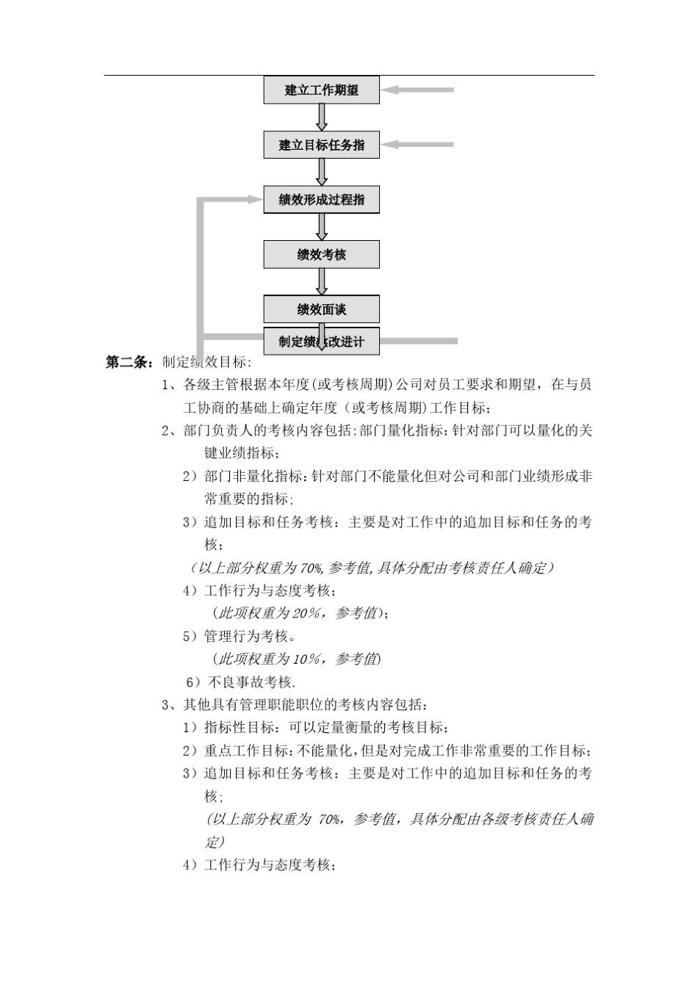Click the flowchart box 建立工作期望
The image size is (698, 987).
pos(322,90)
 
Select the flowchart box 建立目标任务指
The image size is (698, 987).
pos(322,145)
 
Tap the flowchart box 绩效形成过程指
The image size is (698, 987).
pos(322,200)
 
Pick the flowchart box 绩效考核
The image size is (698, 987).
pos(322,255)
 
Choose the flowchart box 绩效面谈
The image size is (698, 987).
pos(322,309)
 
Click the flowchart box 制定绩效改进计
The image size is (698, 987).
pos(322,341)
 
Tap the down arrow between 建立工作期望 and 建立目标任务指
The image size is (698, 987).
pos(322,117)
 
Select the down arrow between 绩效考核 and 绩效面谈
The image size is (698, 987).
pos(322,282)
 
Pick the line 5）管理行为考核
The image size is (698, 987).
pos(240,636)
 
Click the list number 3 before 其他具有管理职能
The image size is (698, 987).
pos(165,705)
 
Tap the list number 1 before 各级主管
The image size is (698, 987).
pos(165,385)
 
